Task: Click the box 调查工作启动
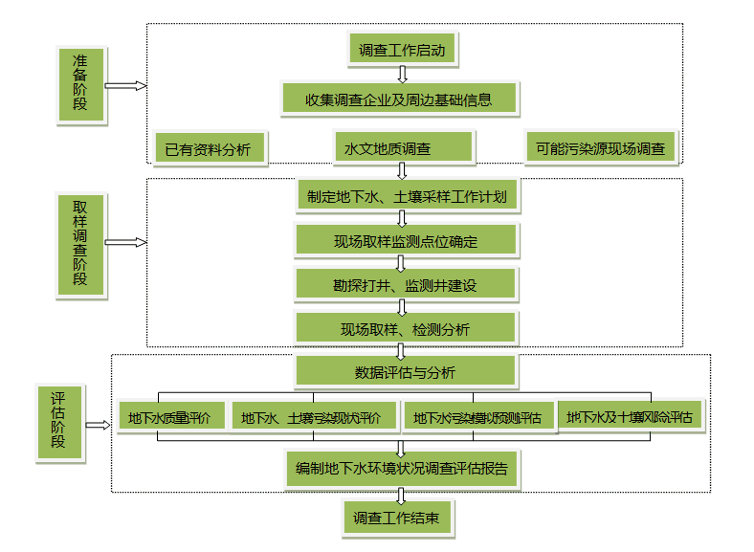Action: click(402, 48)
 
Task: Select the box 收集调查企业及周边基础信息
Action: click(400, 98)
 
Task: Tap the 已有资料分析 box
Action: click(209, 148)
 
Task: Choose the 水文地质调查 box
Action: click(403, 148)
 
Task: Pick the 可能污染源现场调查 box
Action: click(601, 148)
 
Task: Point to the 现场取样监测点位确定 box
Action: click(406, 241)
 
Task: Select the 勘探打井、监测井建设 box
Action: click(406, 285)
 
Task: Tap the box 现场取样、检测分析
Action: click(406, 329)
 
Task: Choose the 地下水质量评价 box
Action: click(171, 417)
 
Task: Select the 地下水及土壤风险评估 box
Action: click(631, 417)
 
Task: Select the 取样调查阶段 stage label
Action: click(80, 243)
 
